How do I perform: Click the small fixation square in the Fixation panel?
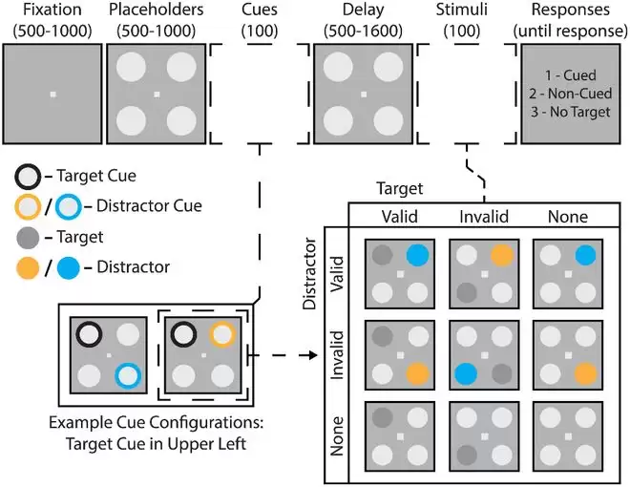pyautogui.click(x=52, y=94)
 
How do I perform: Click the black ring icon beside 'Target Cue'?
pyautogui.click(x=29, y=178)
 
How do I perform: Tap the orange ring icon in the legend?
pyautogui.click(x=29, y=205)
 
